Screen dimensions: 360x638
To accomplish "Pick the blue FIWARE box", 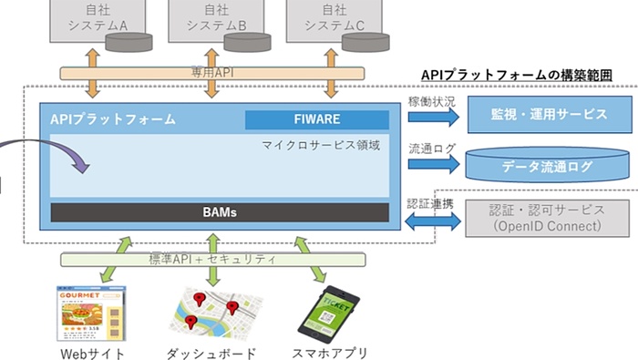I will coord(315,119).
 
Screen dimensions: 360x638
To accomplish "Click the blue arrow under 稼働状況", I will coord(431,114).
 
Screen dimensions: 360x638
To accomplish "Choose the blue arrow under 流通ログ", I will coord(431,165).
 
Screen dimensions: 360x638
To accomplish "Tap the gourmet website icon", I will coord(92,312).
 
